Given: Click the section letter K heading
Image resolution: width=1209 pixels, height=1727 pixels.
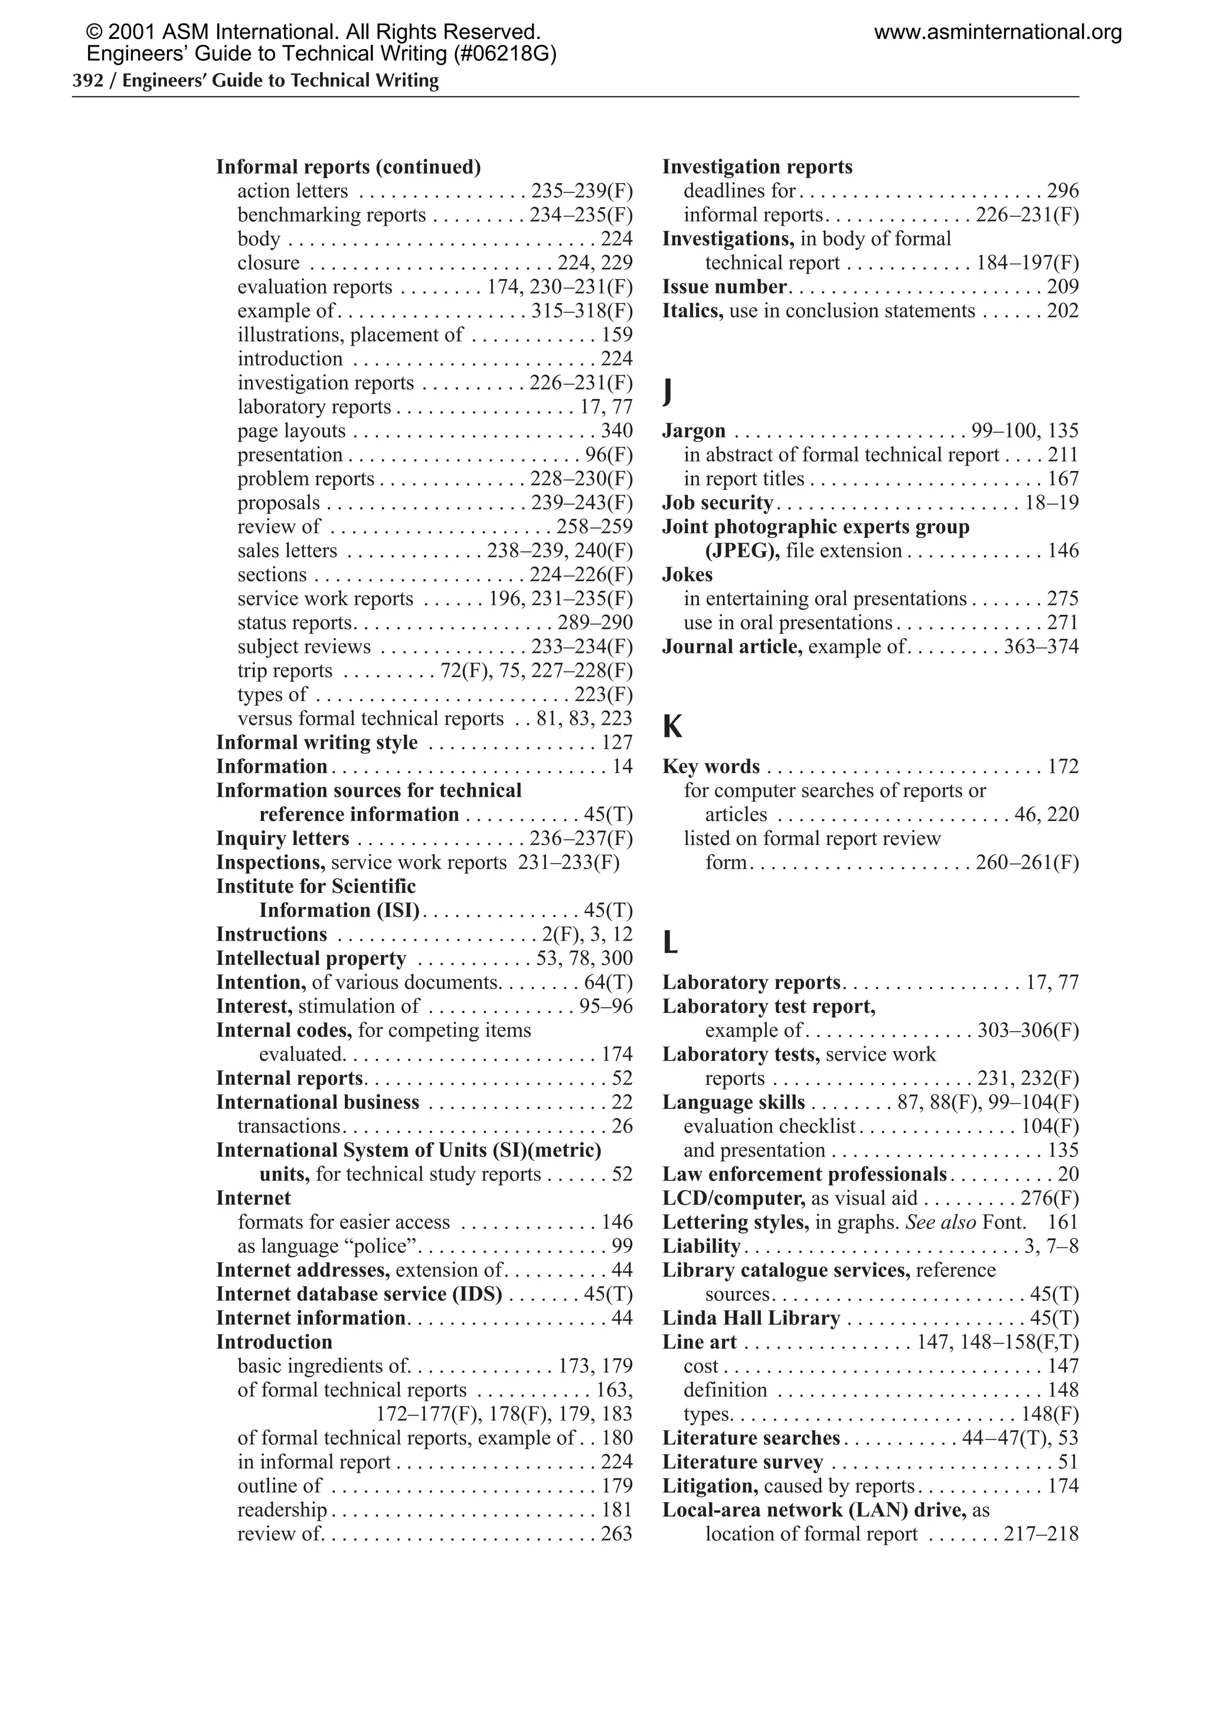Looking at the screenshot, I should (672, 727).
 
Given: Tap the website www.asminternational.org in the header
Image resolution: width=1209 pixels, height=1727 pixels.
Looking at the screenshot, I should (998, 32).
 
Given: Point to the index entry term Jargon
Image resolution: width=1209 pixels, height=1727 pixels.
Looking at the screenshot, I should (694, 431).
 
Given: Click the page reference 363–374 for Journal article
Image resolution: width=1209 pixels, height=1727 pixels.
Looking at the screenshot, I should (1041, 647).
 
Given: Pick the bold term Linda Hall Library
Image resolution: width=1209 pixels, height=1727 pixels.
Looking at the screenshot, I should (751, 1318).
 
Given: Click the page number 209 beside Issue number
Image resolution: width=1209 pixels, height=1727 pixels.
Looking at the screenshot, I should (1062, 287).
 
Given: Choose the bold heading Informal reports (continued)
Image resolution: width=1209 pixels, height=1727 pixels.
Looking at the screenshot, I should (348, 166).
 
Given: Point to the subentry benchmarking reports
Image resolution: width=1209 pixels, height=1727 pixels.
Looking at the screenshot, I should (332, 215).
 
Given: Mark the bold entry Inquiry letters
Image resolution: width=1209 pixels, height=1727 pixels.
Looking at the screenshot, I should (283, 838).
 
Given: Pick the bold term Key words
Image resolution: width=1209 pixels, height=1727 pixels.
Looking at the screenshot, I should (711, 767).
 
